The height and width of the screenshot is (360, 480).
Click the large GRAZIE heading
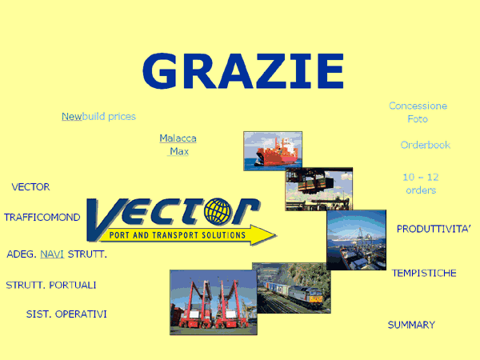tap(243, 71)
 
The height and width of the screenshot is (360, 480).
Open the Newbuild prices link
tap(98, 116)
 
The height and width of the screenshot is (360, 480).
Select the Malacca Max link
tap(178, 145)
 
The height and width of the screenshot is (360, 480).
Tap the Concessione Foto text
tap(418, 112)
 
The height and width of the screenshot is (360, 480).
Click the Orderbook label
tap(426, 145)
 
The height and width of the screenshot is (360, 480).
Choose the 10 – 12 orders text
tap(421, 183)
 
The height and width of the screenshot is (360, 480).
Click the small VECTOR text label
tap(30, 186)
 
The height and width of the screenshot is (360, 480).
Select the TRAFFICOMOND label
tap(42, 218)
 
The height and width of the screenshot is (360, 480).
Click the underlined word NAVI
tap(52, 254)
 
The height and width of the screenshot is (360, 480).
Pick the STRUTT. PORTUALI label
tap(51, 285)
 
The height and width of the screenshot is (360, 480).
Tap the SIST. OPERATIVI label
tap(66, 314)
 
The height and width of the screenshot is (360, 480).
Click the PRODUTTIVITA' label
tap(434, 229)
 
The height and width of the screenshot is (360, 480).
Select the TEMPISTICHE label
tap(424, 273)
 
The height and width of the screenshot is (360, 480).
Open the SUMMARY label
tap(411, 325)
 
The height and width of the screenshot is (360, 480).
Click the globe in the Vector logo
tap(218, 211)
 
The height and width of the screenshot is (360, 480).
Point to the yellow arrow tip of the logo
tap(276, 235)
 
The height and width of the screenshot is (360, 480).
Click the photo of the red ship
tap(273, 151)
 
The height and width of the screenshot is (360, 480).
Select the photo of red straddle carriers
tap(214, 302)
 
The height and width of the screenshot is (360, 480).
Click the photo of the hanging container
tap(319, 189)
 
